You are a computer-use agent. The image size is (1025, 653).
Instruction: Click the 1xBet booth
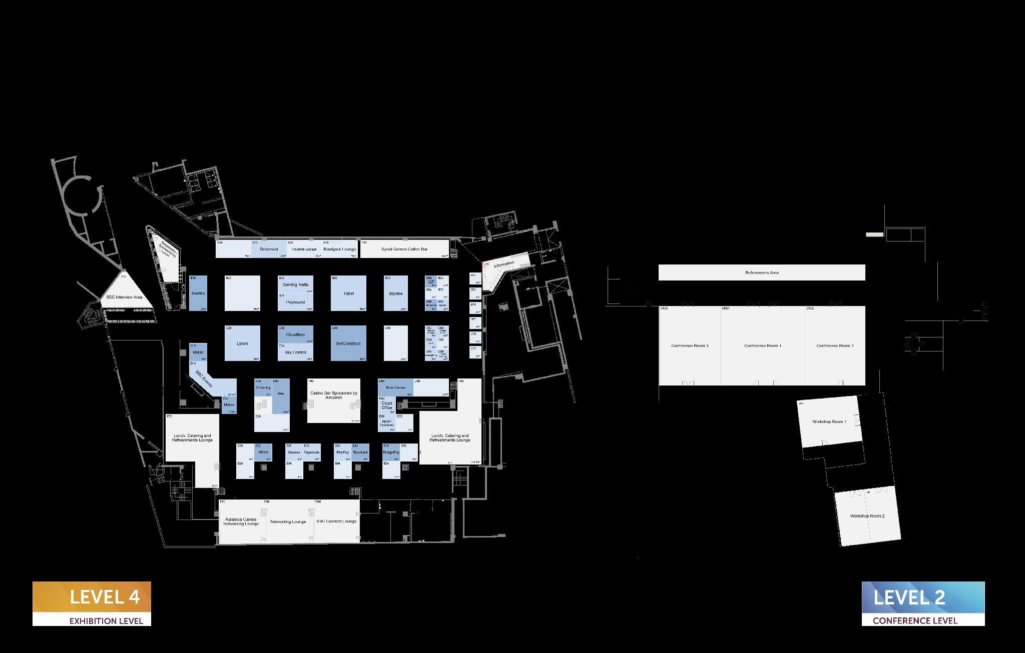(348, 293)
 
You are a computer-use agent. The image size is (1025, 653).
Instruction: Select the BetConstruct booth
(348, 343)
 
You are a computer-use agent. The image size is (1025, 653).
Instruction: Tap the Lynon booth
(242, 343)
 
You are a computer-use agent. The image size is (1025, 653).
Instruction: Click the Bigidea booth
(395, 293)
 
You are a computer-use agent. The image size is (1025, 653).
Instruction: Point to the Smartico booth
(198, 293)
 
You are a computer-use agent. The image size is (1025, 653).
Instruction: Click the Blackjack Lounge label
(339, 249)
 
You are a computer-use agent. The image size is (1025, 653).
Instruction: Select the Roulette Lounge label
(304, 249)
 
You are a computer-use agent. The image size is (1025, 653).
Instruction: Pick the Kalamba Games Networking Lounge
(241, 521)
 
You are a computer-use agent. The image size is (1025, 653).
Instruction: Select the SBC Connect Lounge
(336, 521)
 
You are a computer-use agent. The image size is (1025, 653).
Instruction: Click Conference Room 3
(690, 346)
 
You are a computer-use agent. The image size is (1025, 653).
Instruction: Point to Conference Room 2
(835, 346)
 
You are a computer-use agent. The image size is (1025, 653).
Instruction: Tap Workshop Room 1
(829, 422)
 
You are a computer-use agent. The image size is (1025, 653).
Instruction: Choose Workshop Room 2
(867, 516)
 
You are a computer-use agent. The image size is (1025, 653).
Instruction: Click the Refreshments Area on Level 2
(762, 272)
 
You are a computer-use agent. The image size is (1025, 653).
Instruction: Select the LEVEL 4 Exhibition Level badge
(92, 603)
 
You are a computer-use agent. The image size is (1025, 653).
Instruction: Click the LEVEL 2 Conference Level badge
(923, 603)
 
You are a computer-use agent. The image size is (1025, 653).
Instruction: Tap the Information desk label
(504, 264)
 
